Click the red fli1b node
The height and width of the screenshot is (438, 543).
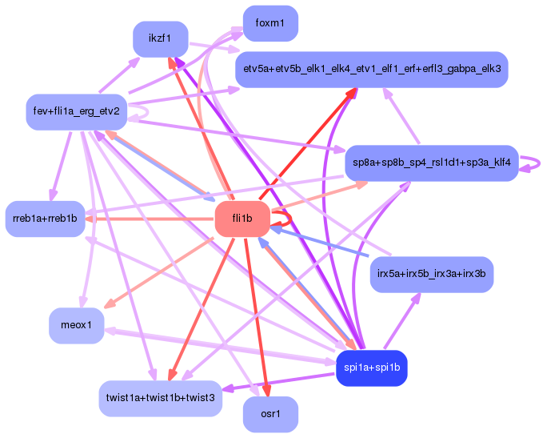click(242, 219)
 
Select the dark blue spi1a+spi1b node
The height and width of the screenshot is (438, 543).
click(372, 368)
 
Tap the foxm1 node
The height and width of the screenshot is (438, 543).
click(270, 23)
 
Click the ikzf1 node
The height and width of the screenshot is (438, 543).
click(160, 38)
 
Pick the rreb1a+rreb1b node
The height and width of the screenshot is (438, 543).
click(45, 219)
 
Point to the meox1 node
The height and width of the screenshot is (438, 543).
click(77, 325)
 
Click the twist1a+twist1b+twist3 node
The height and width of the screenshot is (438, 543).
click(160, 399)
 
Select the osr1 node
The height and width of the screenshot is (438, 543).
click(270, 415)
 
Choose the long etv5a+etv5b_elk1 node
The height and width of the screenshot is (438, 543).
click(372, 70)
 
